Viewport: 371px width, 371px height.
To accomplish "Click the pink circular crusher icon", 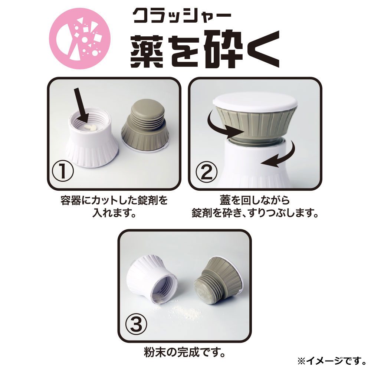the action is click(80, 38).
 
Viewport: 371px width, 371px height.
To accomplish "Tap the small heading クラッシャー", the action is click(182, 16).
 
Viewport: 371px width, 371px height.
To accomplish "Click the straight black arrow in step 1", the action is click(81, 105).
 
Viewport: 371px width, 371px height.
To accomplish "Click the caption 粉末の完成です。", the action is click(184, 352).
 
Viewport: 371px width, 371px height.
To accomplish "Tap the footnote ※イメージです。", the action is click(332, 361).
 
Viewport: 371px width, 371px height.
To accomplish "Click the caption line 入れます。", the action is click(114, 213).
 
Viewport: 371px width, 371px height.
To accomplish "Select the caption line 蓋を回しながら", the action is click(255, 200).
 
